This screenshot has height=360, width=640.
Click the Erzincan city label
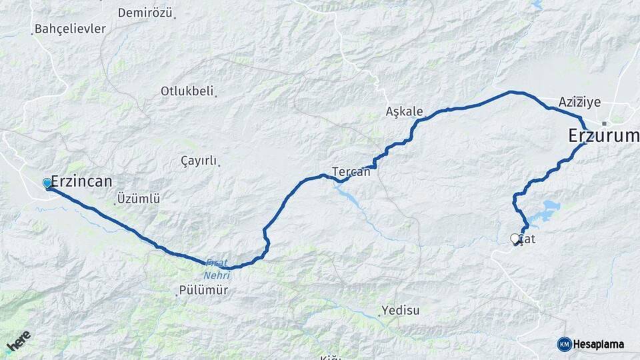pos(81,181)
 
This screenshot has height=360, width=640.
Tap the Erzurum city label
pos(603,136)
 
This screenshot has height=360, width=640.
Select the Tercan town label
pos(351,171)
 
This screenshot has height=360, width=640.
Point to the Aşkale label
pos(404,111)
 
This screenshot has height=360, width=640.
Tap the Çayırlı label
pos(199,161)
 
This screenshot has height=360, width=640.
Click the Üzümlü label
pos(138,199)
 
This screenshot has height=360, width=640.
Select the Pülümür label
pos(203,291)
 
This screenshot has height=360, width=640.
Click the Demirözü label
pos(145,13)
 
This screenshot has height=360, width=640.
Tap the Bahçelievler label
pos(69,29)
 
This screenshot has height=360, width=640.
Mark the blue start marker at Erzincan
pos(47,183)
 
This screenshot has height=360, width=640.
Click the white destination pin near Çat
pos(515,239)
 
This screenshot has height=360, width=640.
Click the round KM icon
pos(564,344)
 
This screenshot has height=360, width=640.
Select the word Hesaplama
pos(599,344)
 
